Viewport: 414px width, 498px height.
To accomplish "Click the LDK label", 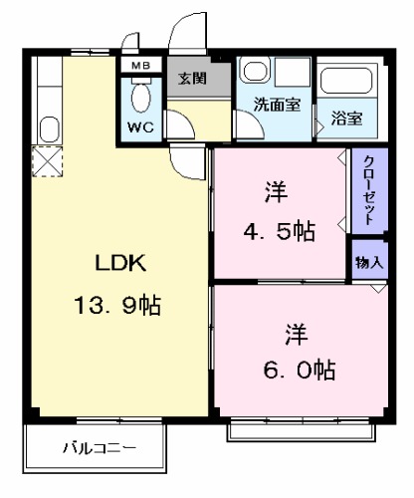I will click(120, 263).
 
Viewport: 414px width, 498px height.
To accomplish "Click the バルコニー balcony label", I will click(96, 448).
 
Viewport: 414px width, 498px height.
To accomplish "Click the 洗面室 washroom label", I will click(276, 105).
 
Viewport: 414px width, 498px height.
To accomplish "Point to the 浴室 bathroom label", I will click(346, 118).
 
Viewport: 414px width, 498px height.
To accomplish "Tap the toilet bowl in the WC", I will click(140, 98).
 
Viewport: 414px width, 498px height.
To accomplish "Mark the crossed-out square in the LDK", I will click(45, 160).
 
